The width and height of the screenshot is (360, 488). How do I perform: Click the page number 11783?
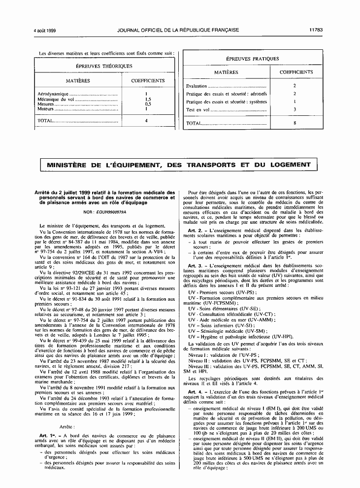[316, 30]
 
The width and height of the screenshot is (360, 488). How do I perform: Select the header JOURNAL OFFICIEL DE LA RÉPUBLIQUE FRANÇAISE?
[178, 30]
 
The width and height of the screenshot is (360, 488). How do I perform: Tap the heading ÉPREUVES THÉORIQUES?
[104, 66]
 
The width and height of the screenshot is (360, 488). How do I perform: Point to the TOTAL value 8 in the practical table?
[295, 123]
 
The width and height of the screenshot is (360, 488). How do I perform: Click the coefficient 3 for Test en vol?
[295, 109]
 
